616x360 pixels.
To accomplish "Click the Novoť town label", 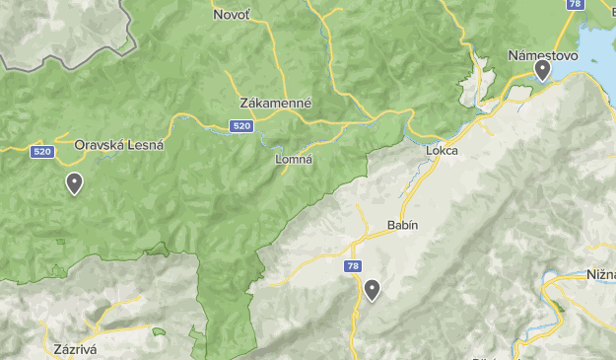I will click(232, 15).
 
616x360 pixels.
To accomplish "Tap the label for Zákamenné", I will click(276, 103).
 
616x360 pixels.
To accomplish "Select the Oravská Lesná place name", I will click(119, 144).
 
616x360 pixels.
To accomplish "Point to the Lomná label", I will click(293, 159).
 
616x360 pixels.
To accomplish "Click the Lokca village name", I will click(443, 151).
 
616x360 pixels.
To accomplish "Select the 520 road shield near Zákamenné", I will click(241, 126).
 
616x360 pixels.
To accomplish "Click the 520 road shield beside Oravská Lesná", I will click(41, 151).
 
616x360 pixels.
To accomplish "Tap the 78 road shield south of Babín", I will click(354, 266).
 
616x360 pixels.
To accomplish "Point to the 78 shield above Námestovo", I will click(576, 5).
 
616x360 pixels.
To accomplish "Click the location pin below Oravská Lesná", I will click(74, 182).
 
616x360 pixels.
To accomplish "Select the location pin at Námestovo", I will click(542, 70).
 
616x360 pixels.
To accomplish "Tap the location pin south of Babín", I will click(372, 290).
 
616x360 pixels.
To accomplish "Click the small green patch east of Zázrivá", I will click(157, 332).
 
